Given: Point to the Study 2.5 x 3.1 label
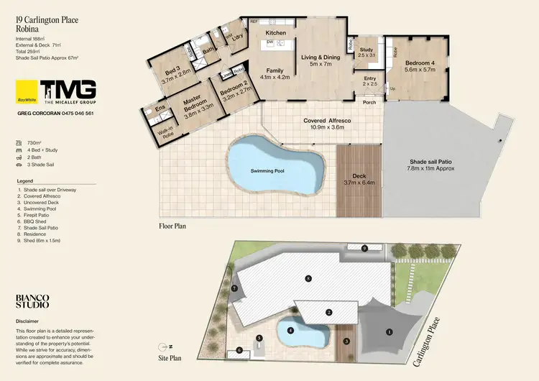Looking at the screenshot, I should [x=367, y=52].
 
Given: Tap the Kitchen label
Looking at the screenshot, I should [x=276, y=33].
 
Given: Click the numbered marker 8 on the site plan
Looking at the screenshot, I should [x=308, y=277].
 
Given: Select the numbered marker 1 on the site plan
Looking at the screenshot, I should [x=390, y=331].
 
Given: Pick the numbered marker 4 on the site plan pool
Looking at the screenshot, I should [x=290, y=331].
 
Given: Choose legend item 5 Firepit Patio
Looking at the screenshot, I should [x=37, y=214].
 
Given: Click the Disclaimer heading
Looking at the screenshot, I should [x=27, y=321].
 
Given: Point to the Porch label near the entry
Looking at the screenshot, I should [x=369, y=102].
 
